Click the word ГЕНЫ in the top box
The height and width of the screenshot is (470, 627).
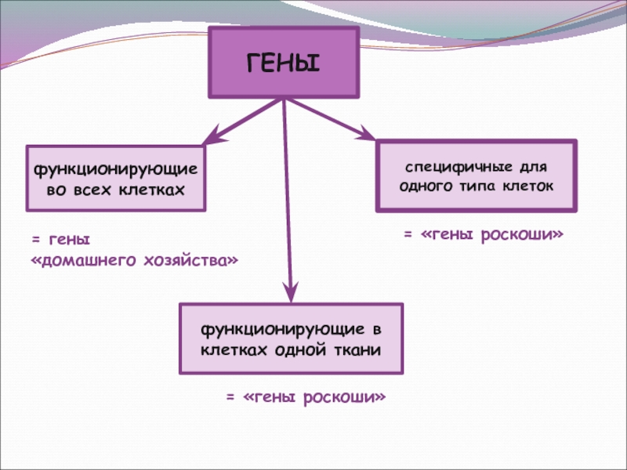click(x=284, y=63)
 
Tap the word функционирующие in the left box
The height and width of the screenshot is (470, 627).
click(x=116, y=169)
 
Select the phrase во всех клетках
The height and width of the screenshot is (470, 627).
click(x=116, y=190)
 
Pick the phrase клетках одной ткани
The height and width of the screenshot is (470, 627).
click(x=291, y=349)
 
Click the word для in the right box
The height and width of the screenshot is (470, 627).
click(x=534, y=168)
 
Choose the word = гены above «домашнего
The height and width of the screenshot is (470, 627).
click(x=60, y=237)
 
